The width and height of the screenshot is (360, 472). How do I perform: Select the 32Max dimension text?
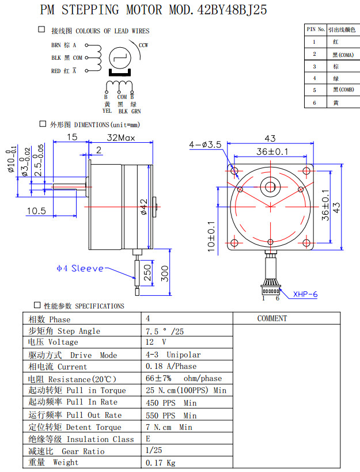[x=120, y=138]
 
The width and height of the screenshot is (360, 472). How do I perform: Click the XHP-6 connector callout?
[x=305, y=294]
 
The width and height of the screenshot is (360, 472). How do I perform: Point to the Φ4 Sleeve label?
[x=80, y=268]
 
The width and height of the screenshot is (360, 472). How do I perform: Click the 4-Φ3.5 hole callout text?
[x=206, y=145]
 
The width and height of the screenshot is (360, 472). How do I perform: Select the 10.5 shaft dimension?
[x=36, y=211]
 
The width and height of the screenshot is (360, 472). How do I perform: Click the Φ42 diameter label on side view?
[x=143, y=206]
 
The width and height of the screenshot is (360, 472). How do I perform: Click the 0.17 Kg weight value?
[x=160, y=463]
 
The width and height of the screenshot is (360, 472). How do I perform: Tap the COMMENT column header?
[x=272, y=318]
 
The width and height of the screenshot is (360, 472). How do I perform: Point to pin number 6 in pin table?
[x=314, y=102]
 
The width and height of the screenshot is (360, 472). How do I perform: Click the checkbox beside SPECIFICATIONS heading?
[x=37, y=305]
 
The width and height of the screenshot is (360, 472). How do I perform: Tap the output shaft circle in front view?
[x=270, y=186]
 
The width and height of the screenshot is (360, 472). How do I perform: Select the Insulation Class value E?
[x=148, y=439]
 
